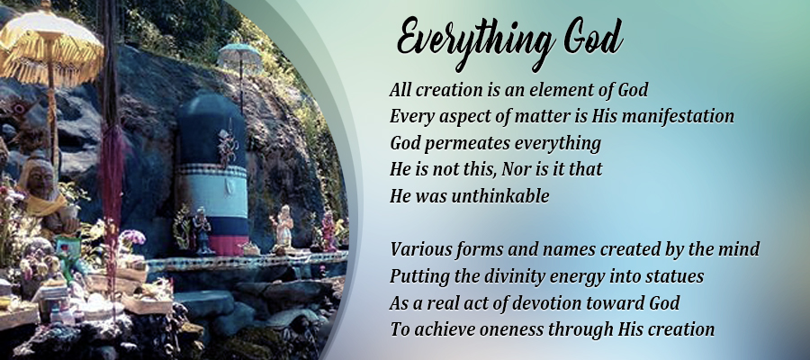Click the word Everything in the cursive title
(476, 42)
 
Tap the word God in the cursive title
(593, 38)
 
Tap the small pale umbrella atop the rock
(239, 56)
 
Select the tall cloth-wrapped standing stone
(212, 173)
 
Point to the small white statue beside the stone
(283, 226)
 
